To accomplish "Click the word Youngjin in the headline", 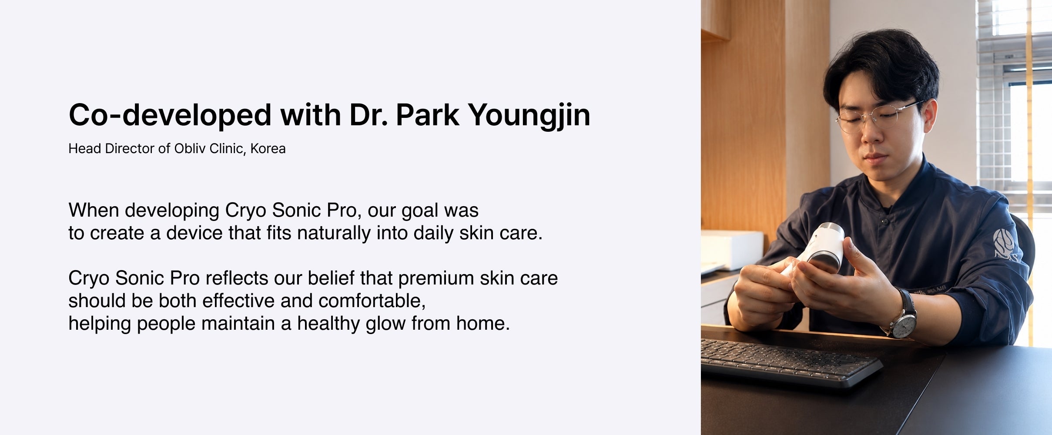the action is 529,116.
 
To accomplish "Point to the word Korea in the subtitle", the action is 268,149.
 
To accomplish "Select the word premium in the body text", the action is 436,279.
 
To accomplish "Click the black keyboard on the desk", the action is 790,361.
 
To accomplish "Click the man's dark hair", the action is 881,65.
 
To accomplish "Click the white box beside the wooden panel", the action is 732,250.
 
